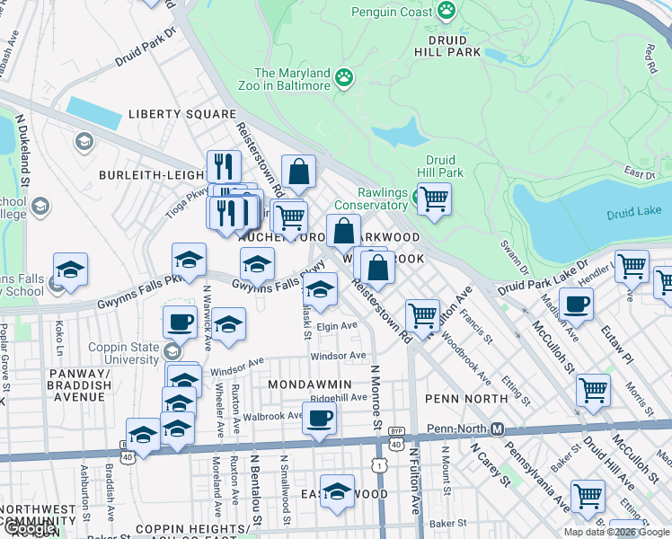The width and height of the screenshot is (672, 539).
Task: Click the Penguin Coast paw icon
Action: click(447, 11)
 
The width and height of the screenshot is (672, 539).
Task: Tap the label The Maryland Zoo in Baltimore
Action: click(292, 79)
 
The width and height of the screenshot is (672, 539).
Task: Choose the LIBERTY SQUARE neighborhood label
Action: click(181, 114)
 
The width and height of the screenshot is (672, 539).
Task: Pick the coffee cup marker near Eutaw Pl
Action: click(576, 304)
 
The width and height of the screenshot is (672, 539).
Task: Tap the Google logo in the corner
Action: click(29, 528)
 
